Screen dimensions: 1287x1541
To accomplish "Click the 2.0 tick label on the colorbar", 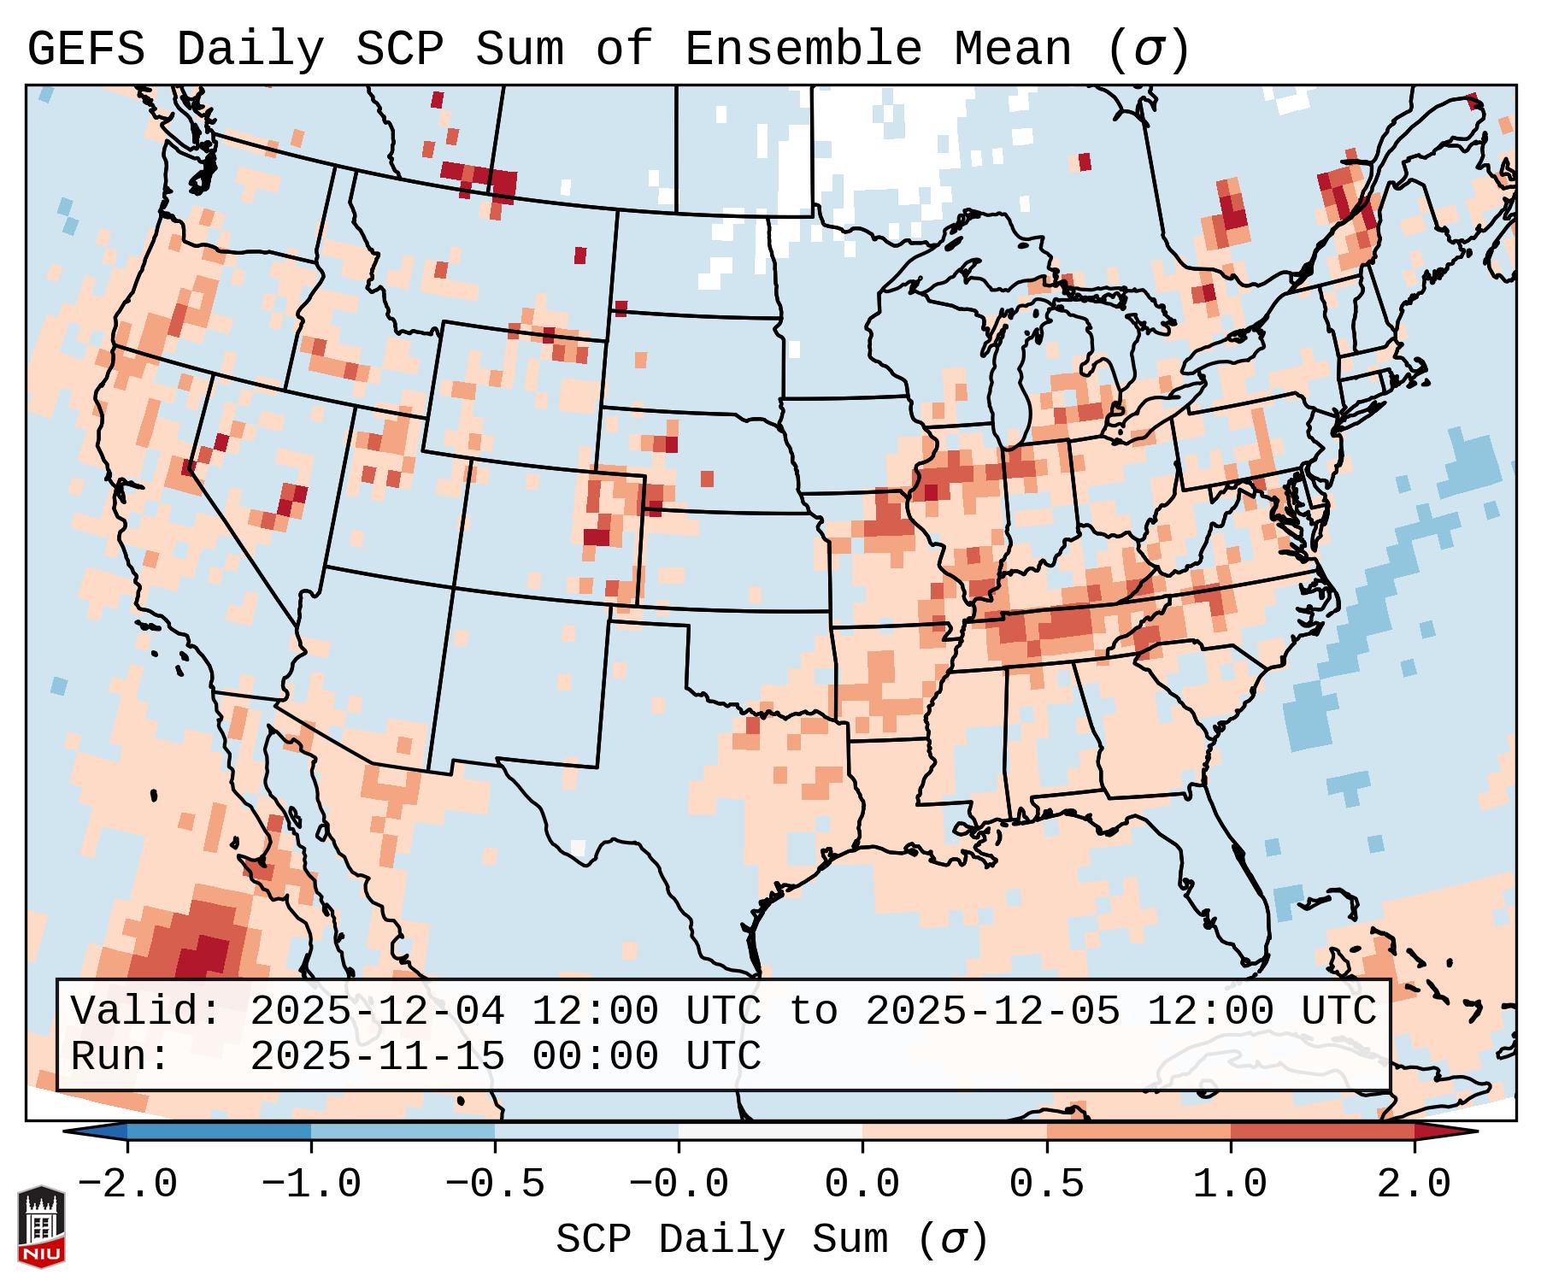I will tap(1414, 1184).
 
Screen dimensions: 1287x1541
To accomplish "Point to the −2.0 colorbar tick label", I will tap(127, 1184).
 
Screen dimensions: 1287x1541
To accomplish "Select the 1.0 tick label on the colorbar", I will tap(1230, 1184).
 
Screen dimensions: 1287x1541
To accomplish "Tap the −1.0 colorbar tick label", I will tap(311, 1184).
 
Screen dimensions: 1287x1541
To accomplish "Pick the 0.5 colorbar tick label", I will tap(1046, 1184).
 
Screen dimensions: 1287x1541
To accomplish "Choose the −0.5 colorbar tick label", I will tap(495, 1184).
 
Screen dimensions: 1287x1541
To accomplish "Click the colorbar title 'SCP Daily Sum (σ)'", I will tap(772, 1240).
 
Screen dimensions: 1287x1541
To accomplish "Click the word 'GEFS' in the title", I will tap(85, 49).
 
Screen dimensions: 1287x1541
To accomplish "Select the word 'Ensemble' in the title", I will tap(803, 49).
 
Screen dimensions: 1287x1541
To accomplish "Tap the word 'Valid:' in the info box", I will tap(146, 1011).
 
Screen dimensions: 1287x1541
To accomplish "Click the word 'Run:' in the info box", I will tap(121, 1056).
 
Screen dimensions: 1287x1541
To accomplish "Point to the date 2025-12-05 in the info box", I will tap(992, 1011).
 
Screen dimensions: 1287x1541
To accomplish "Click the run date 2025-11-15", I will tap(377, 1056).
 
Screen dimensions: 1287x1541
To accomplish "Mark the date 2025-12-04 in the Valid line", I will tap(377, 1011).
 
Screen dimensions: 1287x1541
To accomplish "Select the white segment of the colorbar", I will tap(770, 1131).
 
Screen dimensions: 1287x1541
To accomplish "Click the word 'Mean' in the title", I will tap(1012, 49).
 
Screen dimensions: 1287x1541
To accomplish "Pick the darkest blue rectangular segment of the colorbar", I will tap(219, 1131).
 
